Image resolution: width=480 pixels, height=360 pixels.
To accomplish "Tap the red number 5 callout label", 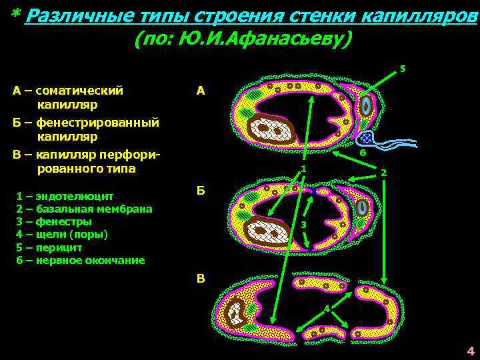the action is coord(402,68).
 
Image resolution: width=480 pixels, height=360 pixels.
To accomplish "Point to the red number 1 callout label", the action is coord(303,169).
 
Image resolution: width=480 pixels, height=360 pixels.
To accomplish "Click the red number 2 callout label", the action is coord(383,173).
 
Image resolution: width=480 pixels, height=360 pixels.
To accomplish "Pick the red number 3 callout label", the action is coord(303,225).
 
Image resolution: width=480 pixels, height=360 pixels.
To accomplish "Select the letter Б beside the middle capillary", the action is coord(201,191).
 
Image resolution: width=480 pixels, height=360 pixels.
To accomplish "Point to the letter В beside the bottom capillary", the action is coord(201,279).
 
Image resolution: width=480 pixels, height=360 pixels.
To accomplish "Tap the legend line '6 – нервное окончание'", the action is coord(80,260).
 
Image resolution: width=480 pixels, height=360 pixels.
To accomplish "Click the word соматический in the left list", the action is coord(79,90).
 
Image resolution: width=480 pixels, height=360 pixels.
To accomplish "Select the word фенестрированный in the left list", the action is coord(97,123).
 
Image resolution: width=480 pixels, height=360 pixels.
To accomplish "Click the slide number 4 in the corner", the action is coord(470,351).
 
